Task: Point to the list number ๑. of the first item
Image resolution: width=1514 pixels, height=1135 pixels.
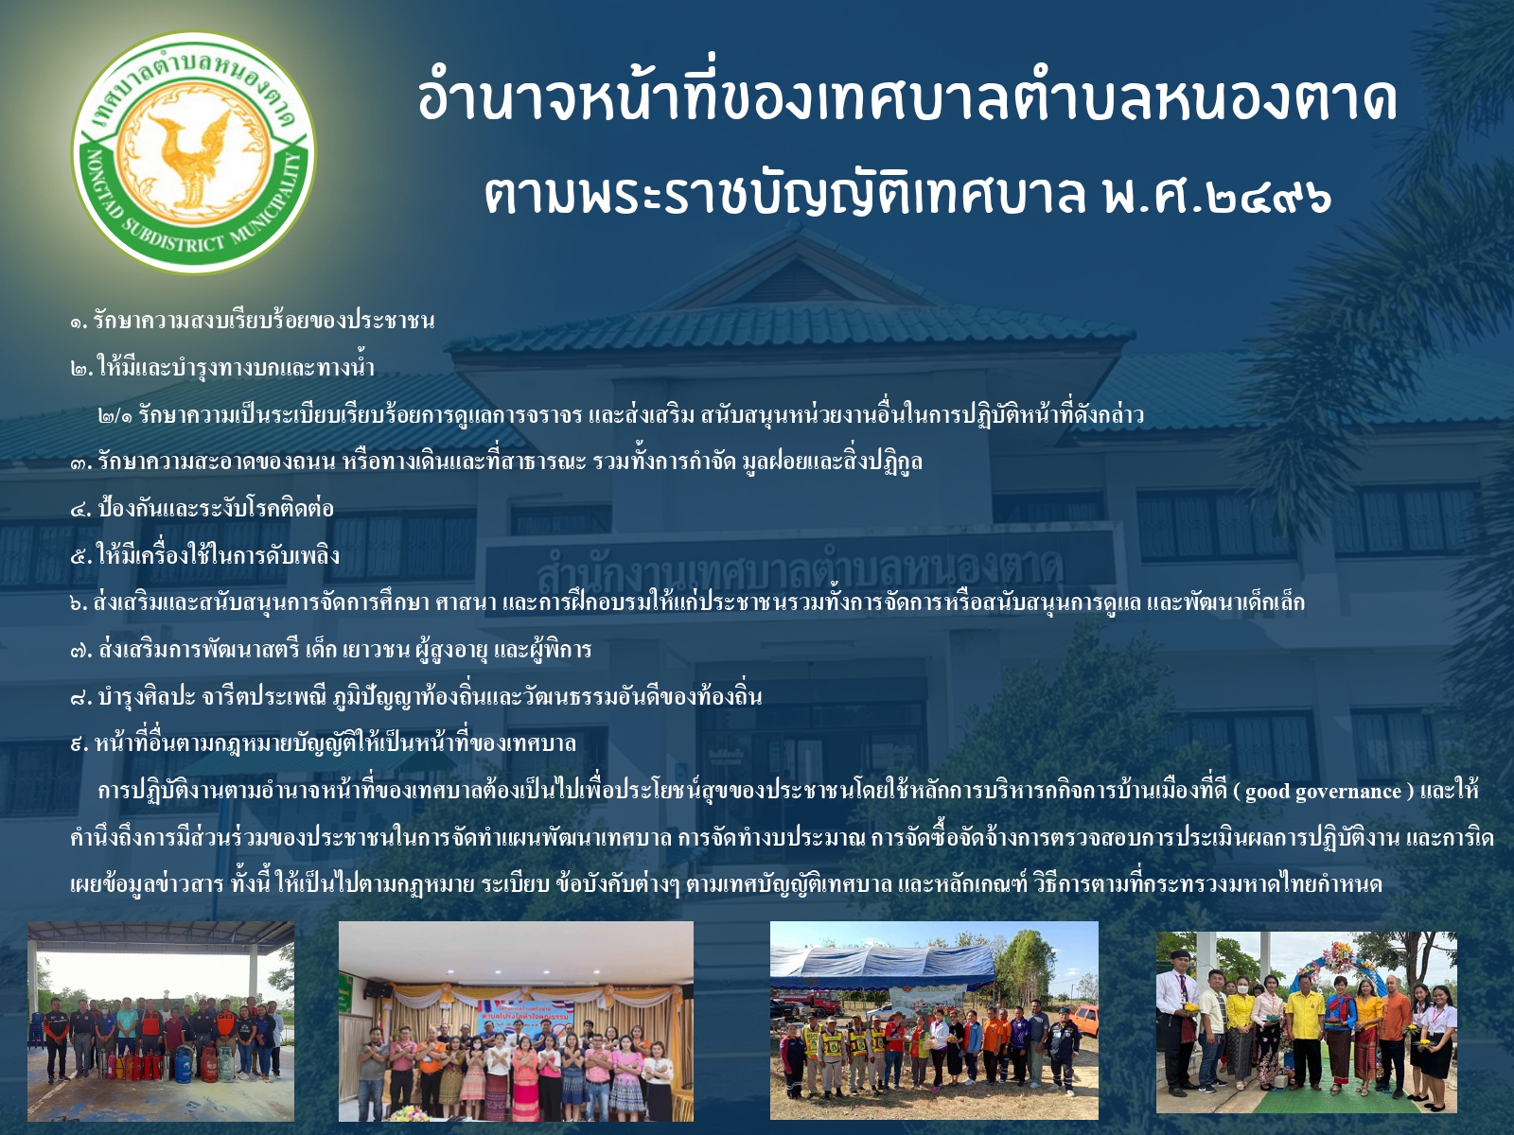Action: click(x=79, y=322)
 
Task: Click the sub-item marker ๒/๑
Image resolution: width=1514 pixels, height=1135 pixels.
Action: click(x=116, y=415)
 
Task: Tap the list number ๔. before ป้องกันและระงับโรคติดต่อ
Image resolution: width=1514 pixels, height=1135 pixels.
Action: click(x=80, y=509)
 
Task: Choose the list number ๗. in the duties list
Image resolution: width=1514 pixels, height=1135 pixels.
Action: click(x=80, y=650)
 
